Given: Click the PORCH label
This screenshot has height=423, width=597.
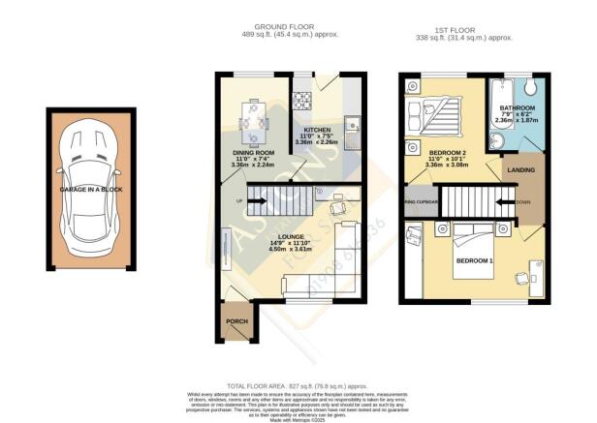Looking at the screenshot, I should tap(236, 321).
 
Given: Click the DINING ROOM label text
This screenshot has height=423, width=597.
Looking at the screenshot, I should tap(253, 154).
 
